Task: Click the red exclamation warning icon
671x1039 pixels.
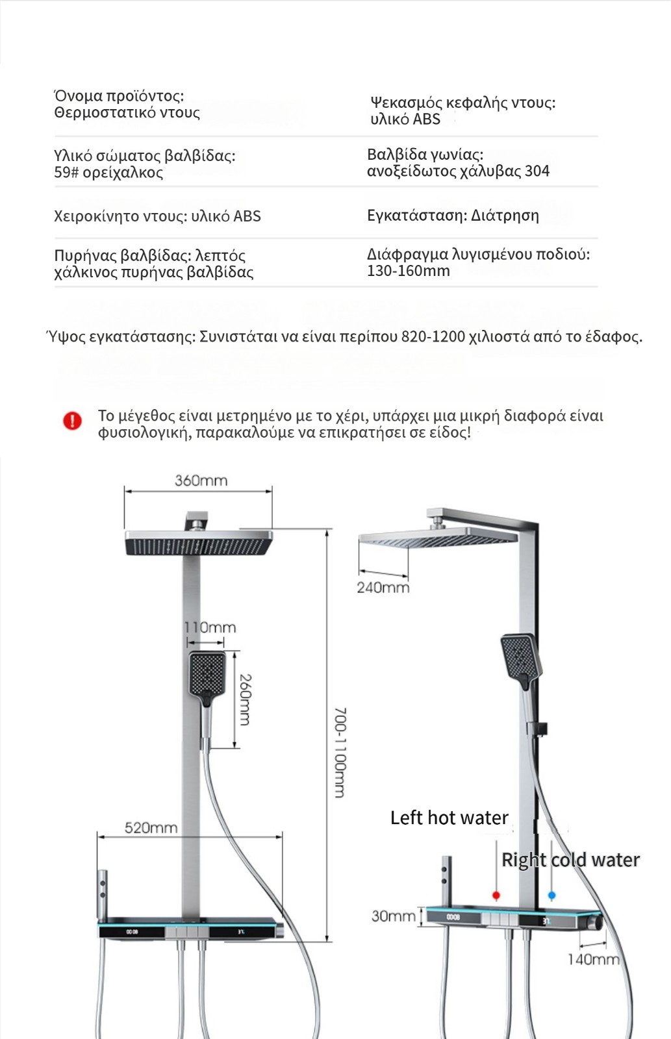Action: [x=72, y=421]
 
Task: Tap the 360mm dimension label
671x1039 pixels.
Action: [x=201, y=481]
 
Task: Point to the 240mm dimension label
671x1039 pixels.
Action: [x=383, y=588]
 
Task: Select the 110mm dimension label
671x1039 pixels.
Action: [x=210, y=627]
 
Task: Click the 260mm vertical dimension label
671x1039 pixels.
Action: [x=245, y=699]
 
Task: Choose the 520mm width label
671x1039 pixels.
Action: [x=151, y=828]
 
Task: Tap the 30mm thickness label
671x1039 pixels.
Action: [x=393, y=916]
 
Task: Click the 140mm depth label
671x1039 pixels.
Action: [x=593, y=959]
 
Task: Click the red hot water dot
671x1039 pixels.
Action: [x=496, y=895]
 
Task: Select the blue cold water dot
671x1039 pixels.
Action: [x=551, y=895]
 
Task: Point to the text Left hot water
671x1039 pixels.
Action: [x=449, y=818]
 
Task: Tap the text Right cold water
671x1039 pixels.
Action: [x=570, y=860]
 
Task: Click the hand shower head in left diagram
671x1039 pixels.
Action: [x=207, y=673]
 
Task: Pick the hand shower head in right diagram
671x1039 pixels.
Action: [x=520, y=657]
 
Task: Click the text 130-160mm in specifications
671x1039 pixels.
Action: [x=408, y=271]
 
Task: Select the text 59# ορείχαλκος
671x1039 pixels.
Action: [x=108, y=173]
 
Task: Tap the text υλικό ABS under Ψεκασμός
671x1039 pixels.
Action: [x=405, y=119]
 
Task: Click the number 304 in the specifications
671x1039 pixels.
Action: [x=537, y=171]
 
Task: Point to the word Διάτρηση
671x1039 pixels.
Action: [x=505, y=216]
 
